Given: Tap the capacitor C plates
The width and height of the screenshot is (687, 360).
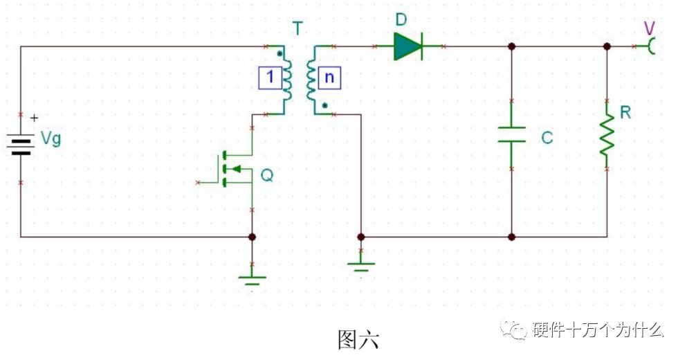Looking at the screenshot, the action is pyautogui.click(x=511, y=134).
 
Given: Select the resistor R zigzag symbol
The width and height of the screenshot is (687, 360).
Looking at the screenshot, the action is pyautogui.click(x=607, y=134).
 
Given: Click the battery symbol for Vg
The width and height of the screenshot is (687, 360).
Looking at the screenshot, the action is pyautogui.click(x=21, y=145).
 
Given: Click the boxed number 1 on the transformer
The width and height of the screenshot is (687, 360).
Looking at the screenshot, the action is pyautogui.click(x=270, y=78).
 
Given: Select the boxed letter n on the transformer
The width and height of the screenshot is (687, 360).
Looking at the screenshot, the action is pyautogui.click(x=329, y=78).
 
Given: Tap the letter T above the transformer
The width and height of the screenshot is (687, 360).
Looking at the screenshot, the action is pyautogui.click(x=298, y=28).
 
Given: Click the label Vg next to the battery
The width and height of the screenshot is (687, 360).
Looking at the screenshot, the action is pyautogui.click(x=51, y=139).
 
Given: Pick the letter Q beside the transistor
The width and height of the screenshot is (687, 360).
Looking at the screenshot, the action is pyautogui.click(x=267, y=175).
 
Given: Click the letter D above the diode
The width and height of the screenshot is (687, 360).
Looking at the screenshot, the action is pyautogui.click(x=401, y=20).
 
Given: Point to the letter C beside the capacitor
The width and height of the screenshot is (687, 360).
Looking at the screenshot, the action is pyautogui.click(x=547, y=138).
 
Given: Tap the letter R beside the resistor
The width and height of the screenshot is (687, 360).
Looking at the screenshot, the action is pyautogui.click(x=625, y=113).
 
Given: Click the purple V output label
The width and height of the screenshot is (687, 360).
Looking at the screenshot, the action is pyautogui.click(x=650, y=28).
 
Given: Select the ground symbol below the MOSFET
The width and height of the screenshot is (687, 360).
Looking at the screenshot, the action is pyautogui.click(x=252, y=280).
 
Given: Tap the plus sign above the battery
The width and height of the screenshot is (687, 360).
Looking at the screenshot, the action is pyautogui.click(x=34, y=118).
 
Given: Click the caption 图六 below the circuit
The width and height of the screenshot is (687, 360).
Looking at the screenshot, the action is pyautogui.click(x=358, y=339).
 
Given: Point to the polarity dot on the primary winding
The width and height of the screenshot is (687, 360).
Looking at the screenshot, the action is pyautogui.click(x=280, y=55).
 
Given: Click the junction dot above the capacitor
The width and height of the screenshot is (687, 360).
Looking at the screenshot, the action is pyautogui.click(x=511, y=46).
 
